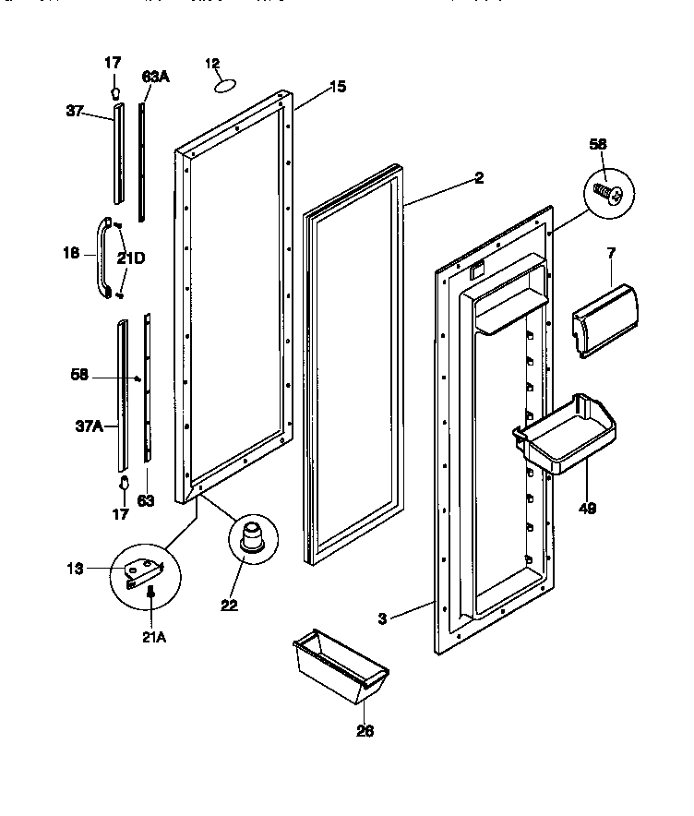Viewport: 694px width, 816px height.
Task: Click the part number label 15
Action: (338, 88)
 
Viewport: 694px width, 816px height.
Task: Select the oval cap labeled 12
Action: (224, 87)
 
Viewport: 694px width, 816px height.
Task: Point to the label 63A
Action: (155, 78)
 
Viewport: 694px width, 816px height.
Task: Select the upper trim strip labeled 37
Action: (117, 152)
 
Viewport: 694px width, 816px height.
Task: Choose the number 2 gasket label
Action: (478, 179)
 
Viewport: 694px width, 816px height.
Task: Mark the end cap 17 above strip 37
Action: (115, 92)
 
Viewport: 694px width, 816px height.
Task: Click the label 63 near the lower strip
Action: (146, 501)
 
